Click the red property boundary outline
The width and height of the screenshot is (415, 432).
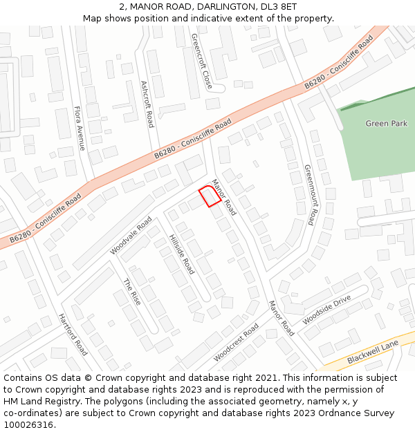(x=210, y=196)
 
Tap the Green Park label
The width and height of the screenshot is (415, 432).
(x=386, y=123)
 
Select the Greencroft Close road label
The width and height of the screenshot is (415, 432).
(x=201, y=61)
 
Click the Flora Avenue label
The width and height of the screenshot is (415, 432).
(x=79, y=128)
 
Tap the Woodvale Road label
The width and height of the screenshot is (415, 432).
(x=131, y=235)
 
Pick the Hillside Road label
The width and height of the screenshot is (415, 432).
(x=182, y=254)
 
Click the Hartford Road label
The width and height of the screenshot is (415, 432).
(x=73, y=335)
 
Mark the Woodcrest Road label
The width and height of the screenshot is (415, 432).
(x=236, y=341)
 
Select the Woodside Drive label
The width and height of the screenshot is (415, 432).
(x=326, y=310)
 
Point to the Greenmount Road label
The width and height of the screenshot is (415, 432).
(x=309, y=194)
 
